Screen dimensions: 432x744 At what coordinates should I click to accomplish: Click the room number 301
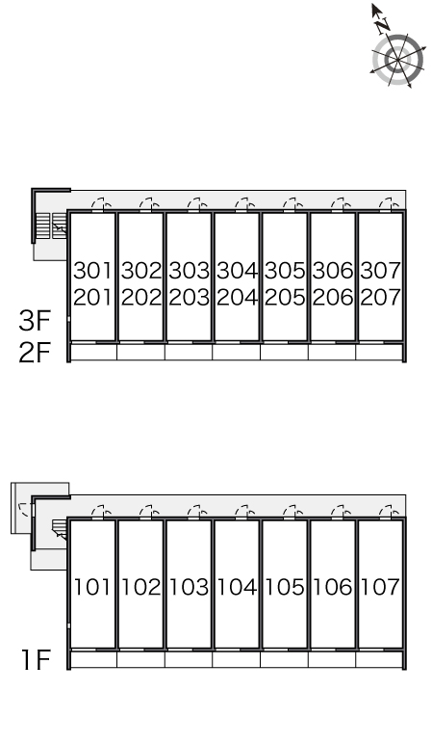pos(92,271)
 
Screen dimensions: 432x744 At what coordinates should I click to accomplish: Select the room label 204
pos(237,298)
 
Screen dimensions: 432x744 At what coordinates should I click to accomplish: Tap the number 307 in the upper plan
pos(380,271)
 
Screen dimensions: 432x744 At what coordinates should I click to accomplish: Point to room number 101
pos(92,587)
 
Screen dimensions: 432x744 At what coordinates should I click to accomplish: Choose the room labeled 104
pos(237,587)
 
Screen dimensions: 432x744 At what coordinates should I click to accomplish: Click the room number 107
pos(380,587)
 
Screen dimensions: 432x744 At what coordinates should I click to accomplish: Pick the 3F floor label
pos(35,321)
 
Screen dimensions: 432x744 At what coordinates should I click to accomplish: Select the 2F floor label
pos(35,353)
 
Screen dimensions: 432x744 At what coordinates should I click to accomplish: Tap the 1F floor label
pos(36,660)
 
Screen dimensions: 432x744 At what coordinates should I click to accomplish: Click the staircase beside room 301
pos(51,226)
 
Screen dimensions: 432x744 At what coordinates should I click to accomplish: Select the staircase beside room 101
pos(60,528)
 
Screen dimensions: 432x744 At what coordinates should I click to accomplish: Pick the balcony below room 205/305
pos(284,352)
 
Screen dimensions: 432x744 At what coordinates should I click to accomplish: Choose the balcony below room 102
pos(140,659)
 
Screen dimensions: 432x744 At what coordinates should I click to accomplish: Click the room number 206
pos(333,298)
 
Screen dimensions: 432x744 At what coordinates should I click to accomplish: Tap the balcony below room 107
pos(379,659)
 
